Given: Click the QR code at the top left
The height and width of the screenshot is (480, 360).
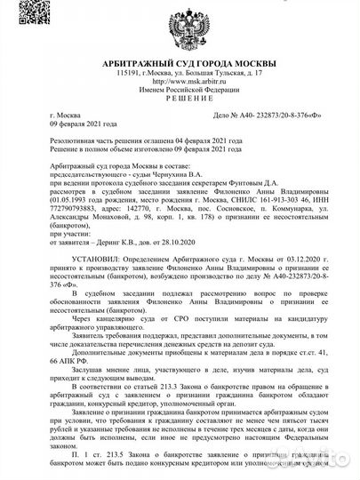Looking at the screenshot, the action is tap(22, 21).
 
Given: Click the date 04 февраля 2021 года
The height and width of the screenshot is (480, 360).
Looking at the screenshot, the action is tap(201, 140).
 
